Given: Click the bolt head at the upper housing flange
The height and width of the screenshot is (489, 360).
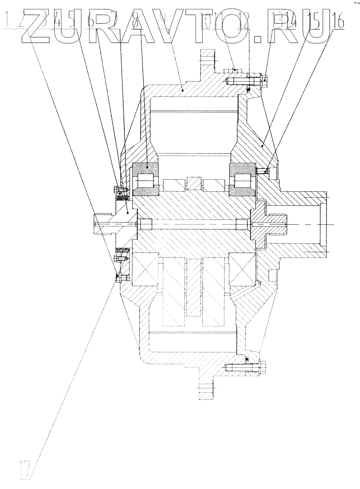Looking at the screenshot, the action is (264, 79).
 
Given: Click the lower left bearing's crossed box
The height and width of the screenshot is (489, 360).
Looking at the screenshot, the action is (146, 269).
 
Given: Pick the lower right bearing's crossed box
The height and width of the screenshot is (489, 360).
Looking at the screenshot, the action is (243, 269).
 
